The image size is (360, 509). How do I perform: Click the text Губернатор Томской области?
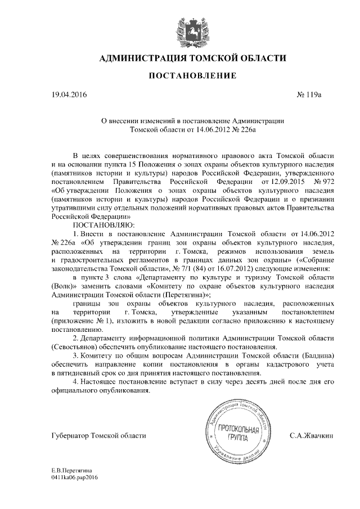(x=98, y=435)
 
